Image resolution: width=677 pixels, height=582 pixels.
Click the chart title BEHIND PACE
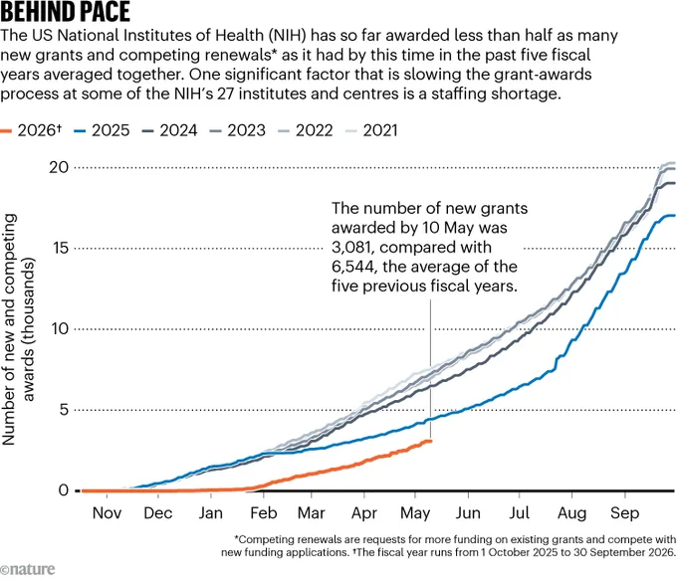pos(65,12)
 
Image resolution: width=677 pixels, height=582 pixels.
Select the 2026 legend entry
pos(31,130)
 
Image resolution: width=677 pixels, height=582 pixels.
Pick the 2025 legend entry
pos(102,130)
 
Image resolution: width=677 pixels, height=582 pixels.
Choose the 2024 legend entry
pos(169,130)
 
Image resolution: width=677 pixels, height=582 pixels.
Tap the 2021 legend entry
pos(372,130)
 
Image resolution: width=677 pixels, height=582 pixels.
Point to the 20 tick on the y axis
pos(59,167)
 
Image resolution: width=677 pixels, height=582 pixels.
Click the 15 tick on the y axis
pos(59,248)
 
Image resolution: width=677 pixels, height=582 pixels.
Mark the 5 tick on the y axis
pos(64,410)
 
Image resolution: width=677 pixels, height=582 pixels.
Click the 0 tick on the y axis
pos(64,490)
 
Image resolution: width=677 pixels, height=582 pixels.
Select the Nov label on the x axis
pos(108,513)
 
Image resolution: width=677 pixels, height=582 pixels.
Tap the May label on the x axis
pos(415,513)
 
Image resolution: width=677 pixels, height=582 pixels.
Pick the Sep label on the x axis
pos(625,513)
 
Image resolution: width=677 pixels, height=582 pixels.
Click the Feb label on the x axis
pos(264,513)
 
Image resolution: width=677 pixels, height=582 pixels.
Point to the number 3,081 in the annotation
pos(351,248)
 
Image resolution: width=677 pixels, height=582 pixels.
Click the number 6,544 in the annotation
pos(352,267)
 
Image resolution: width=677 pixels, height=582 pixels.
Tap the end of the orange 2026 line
pos(431,441)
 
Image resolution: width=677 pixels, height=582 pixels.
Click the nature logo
pos(28,569)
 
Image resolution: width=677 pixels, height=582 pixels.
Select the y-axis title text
pos(18,329)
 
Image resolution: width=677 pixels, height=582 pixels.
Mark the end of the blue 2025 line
pos(674,215)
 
